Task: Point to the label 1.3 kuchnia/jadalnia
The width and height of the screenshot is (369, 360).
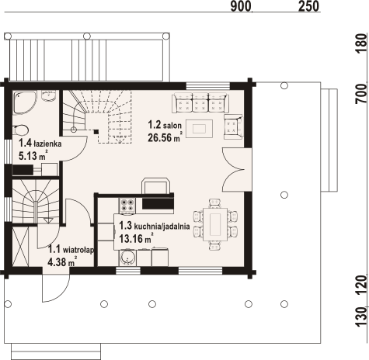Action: coord(151,227)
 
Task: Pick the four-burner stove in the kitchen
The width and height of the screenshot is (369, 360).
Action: coord(127,205)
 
